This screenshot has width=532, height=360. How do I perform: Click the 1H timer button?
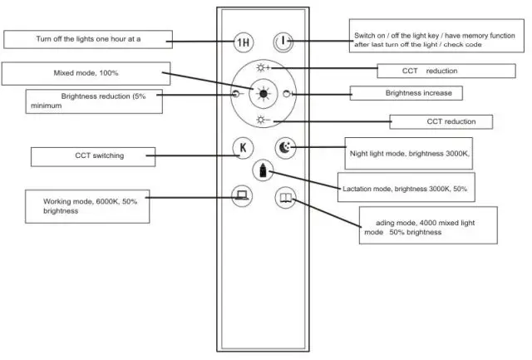point(244,42)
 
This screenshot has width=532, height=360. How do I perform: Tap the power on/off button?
point(283,42)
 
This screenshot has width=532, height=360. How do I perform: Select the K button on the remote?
point(243,148)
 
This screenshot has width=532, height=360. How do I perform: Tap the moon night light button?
point(285,148)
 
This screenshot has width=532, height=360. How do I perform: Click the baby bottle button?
point(263,170)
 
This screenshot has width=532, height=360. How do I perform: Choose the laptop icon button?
point(242,195)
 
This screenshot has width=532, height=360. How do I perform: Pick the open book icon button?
point(285,198)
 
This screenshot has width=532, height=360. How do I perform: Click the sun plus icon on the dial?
point(263,68)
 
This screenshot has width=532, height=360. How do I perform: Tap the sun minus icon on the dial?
point(263,120)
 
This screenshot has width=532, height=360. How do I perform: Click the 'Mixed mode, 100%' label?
point(86,73)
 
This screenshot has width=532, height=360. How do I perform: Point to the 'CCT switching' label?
point(100,155)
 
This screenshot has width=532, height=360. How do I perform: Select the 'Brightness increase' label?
point(419,93)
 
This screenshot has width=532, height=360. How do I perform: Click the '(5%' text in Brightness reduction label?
point(140,96)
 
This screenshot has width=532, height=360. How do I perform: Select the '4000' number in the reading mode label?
point(427,223)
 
